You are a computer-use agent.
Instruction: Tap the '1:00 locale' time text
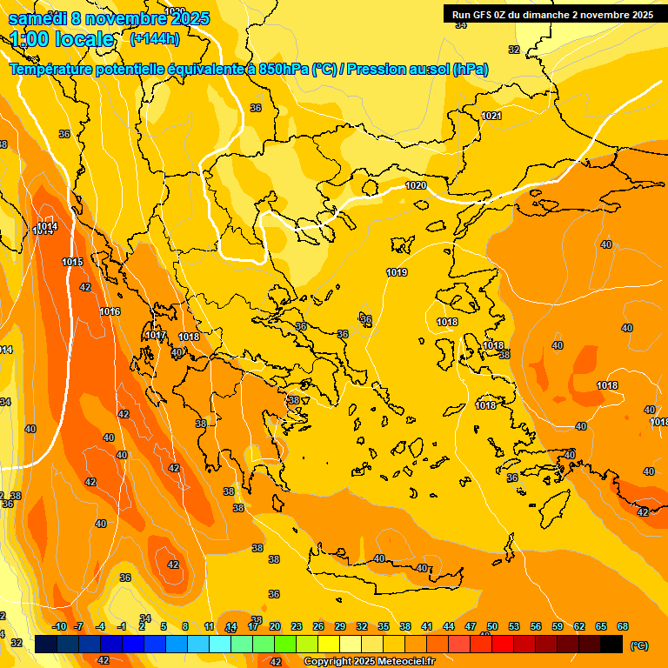(x=63, y=39)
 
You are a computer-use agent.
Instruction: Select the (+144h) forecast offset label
(x=154, y=38)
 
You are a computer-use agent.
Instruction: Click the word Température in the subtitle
(x=53, y=70)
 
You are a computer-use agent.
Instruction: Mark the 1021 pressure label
(x=491, y=116)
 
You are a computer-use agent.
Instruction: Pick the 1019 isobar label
(x=397, y=273)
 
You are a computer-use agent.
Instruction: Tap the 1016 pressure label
(x=110, y=312)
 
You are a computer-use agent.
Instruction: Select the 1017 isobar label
(x=156, y=336)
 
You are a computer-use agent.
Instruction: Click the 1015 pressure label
(x=72, y=262)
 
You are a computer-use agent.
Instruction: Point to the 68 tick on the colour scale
(x=623, y=626)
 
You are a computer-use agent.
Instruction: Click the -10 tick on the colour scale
(x=59, y=626)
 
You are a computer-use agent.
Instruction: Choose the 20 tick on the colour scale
(x=275, y=626)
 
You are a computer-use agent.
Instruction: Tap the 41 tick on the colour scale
(x=427, y=626)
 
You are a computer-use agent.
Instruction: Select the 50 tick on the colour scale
(x=492, y=626)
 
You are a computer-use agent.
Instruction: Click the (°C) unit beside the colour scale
(x=639, y=645)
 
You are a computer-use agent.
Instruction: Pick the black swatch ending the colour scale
(x=611, y=645)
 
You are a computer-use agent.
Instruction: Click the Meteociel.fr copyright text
(x=370, y=661)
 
